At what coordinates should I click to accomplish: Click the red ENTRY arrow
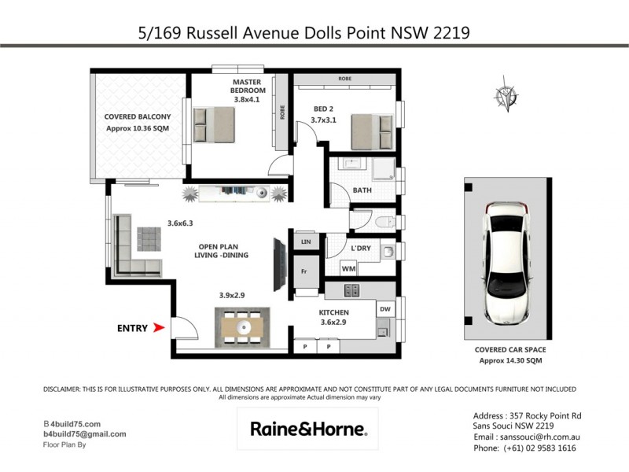159,327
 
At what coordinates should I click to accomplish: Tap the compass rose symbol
503,97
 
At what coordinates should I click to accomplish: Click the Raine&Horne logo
307,429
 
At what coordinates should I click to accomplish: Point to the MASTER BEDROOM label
248,86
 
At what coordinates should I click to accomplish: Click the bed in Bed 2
372,131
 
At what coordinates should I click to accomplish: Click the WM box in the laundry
349,269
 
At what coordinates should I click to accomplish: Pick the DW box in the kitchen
385,310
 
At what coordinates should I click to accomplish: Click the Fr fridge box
304,271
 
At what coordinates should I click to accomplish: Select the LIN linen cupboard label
305,242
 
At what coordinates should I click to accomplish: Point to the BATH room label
362,190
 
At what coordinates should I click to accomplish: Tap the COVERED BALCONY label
138,117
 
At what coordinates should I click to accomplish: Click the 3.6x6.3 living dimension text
181,223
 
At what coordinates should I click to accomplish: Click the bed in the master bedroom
215,124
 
